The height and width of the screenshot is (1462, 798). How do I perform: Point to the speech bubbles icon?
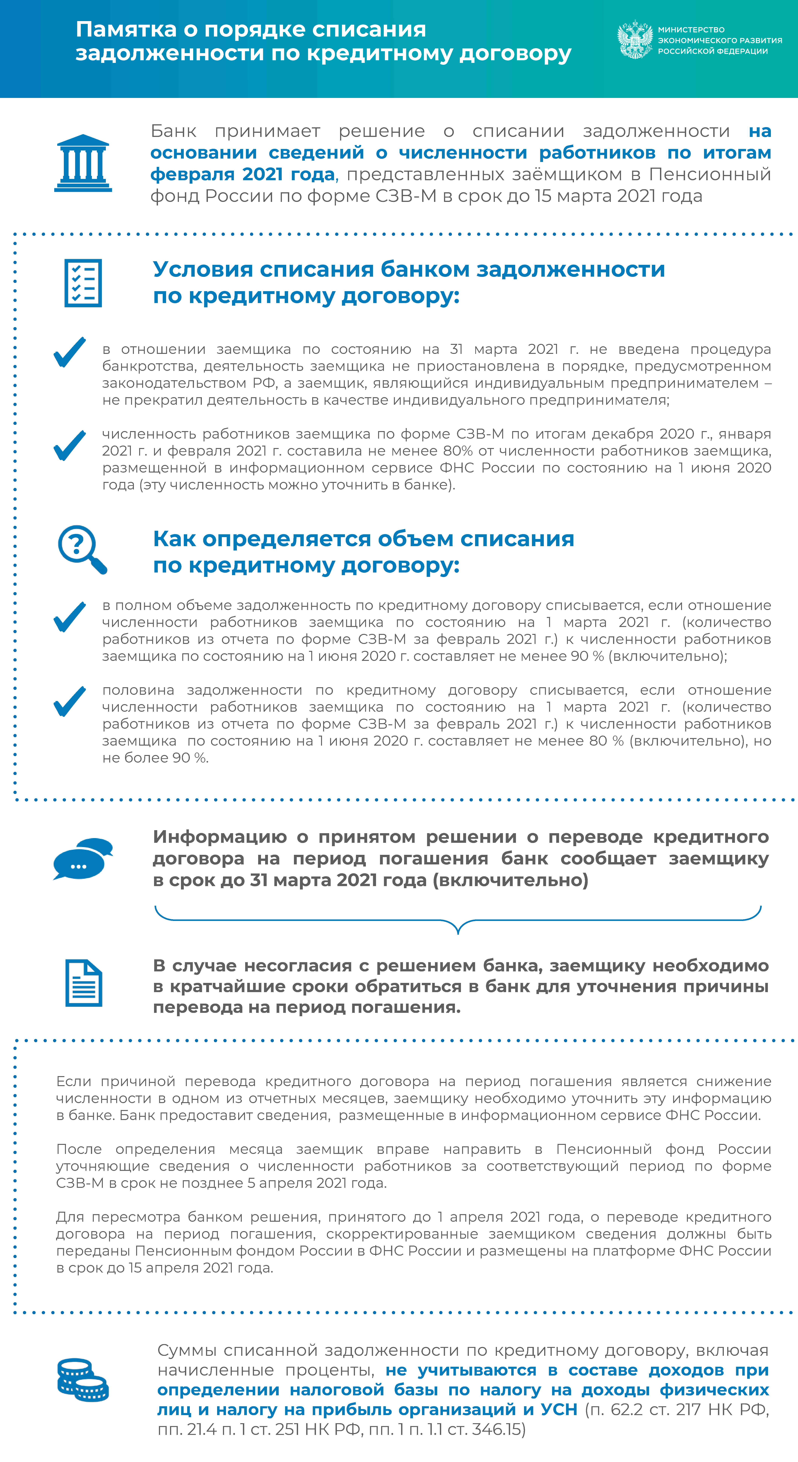coord(83,858)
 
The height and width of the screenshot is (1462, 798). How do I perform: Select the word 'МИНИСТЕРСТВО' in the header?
coord(691,30)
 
